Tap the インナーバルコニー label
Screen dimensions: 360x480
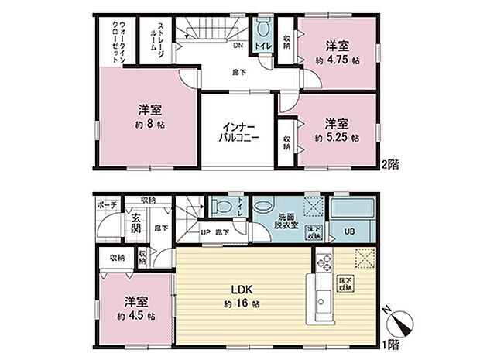[236, 131]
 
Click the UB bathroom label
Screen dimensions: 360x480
[350, 231]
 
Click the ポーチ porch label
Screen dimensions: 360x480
[106, 204]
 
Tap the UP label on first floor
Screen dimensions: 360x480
[205, 231]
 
